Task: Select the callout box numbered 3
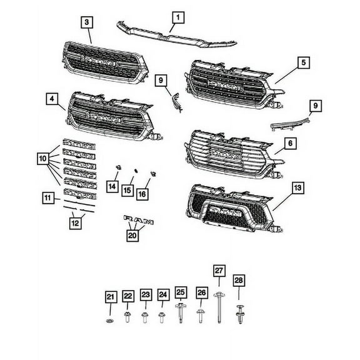coord(87,22)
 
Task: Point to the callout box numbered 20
coord(132,235)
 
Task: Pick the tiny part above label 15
coord(134,169)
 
